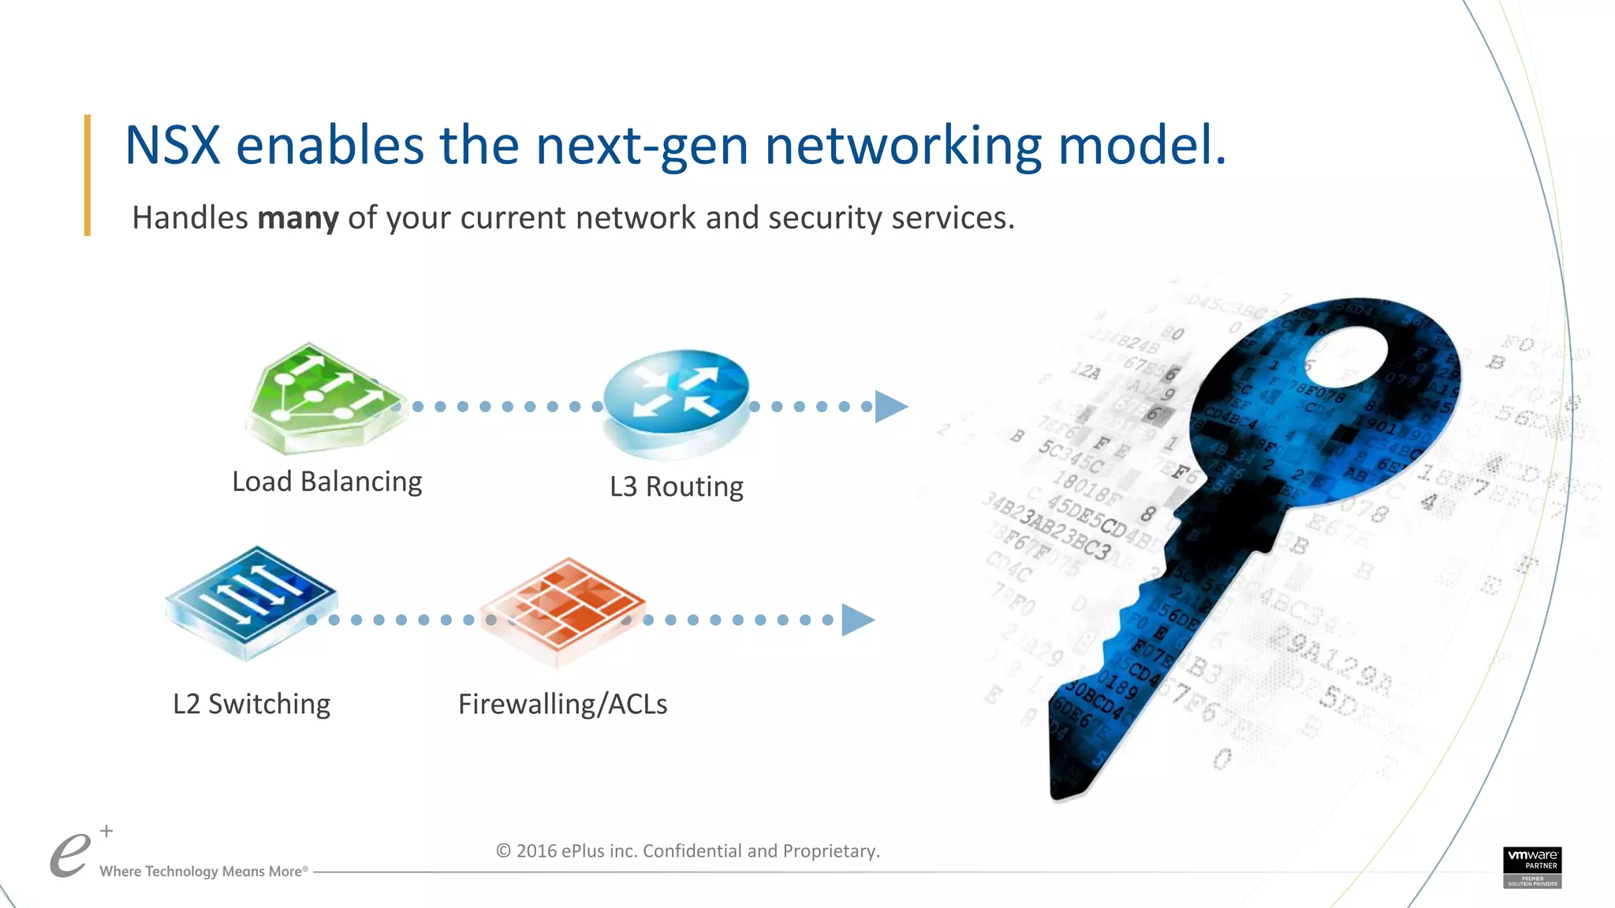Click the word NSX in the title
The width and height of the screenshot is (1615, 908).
172,146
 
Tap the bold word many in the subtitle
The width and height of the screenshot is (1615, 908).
297,218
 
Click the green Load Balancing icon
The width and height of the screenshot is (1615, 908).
323,399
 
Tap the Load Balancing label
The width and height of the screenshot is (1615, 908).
326,482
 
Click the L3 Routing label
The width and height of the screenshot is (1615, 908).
676,486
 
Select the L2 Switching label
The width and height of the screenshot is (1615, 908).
251,704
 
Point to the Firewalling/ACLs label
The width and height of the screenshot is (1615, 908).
562,704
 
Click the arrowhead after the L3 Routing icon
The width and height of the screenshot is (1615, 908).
890,407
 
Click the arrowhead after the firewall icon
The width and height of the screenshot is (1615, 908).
857,620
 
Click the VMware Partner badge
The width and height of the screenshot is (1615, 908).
1531,867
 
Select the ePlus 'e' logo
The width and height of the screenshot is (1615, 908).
69,856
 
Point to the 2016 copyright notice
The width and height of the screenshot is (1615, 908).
688,851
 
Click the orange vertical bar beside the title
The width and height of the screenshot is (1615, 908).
88,175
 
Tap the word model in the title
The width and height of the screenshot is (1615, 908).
1141,146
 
